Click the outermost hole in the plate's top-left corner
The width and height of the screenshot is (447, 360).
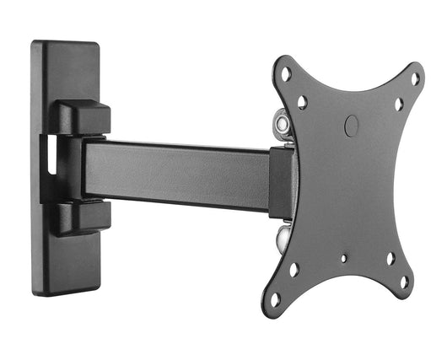(286, 74)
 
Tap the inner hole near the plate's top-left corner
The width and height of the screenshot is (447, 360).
(302, 102)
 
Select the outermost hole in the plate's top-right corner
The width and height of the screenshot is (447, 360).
(414, 78)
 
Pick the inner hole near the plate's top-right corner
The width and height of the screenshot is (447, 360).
(399, 105)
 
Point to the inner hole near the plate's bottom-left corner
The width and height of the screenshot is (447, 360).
(294, 270)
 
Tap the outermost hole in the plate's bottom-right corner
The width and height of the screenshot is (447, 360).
(404, 282)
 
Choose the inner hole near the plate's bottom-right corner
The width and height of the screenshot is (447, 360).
(390, 259)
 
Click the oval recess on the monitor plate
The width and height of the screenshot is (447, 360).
(352, 126)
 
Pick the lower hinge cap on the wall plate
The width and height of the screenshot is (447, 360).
(83, 216)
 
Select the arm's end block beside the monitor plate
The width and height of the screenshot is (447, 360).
(280, 183)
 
